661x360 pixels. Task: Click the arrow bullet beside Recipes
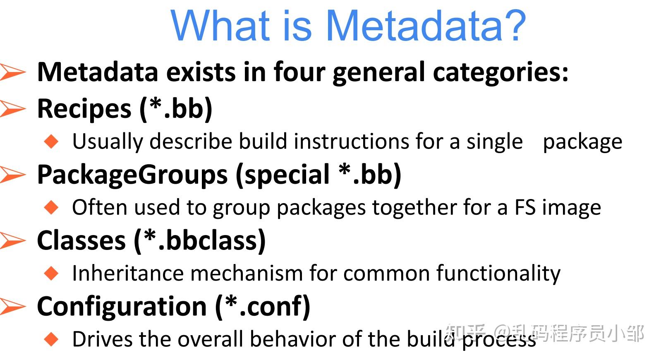coord(12,108)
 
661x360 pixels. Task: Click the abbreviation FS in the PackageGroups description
coord(525,207)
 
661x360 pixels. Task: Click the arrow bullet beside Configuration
coord(12,306)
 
